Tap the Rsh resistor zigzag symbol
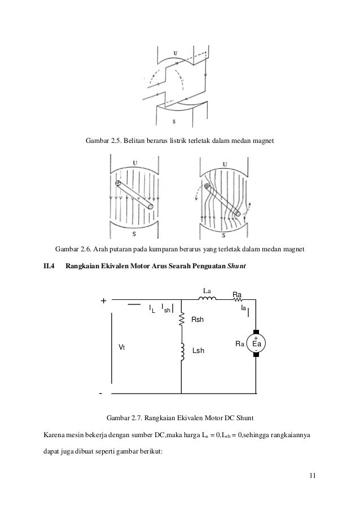click(x=182, y=320)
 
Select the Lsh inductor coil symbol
click(x=182, y=351)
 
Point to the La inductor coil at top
click(x=207, y=299)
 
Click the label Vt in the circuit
click(x=121, y=347)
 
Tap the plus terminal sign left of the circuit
click(x=103, y=302)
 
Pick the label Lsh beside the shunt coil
click(x=199, y=351)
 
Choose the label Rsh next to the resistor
click(x=197, y=320)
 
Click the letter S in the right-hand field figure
click(x=224, y=234)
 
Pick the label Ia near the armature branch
click(x=243, y=308)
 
